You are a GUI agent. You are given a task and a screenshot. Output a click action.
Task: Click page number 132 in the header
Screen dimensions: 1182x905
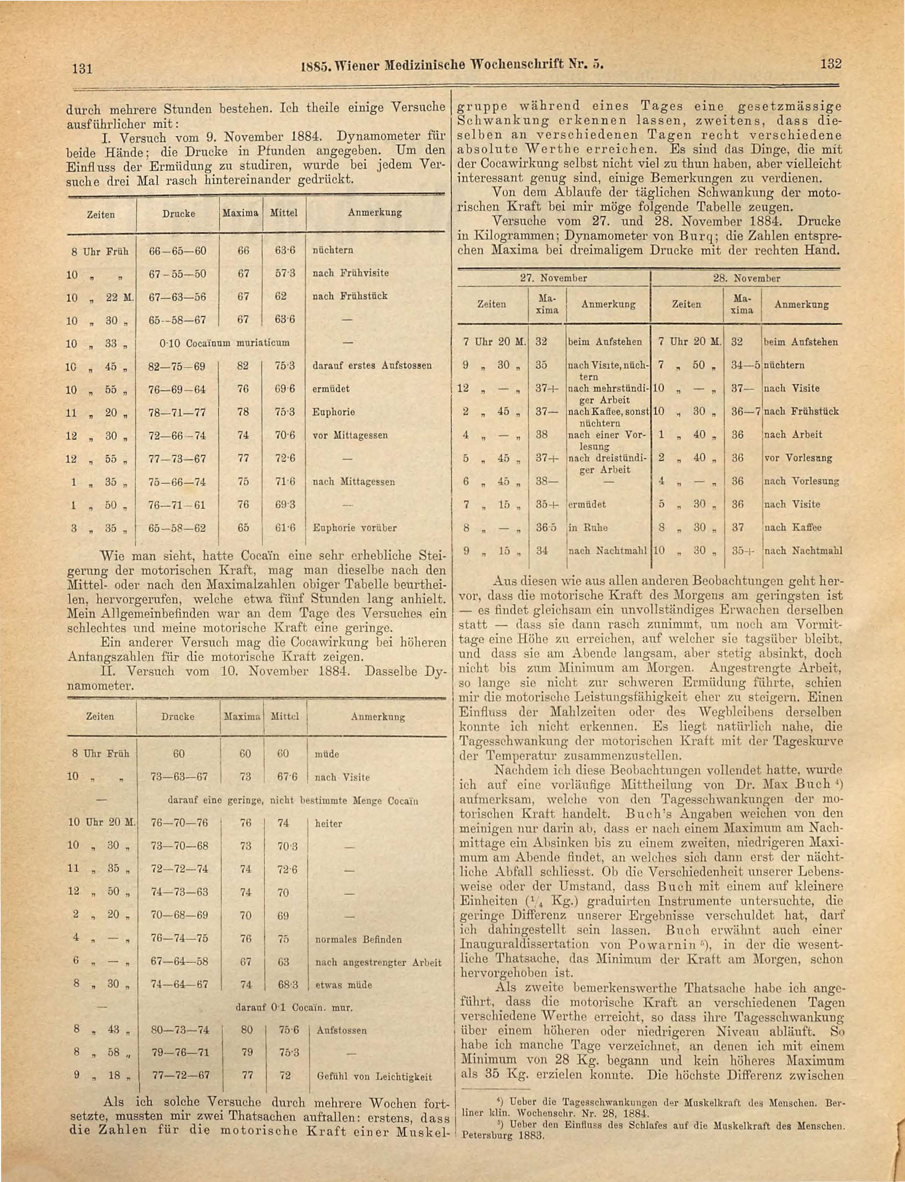pyautogui.click(x=830, y=63)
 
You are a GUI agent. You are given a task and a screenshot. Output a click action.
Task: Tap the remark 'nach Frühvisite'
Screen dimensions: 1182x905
pyautogui.click(x=351, y=273)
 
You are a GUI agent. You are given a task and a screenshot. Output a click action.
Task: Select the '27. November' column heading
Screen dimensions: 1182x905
pyautogui.click(x=554, y=278)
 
